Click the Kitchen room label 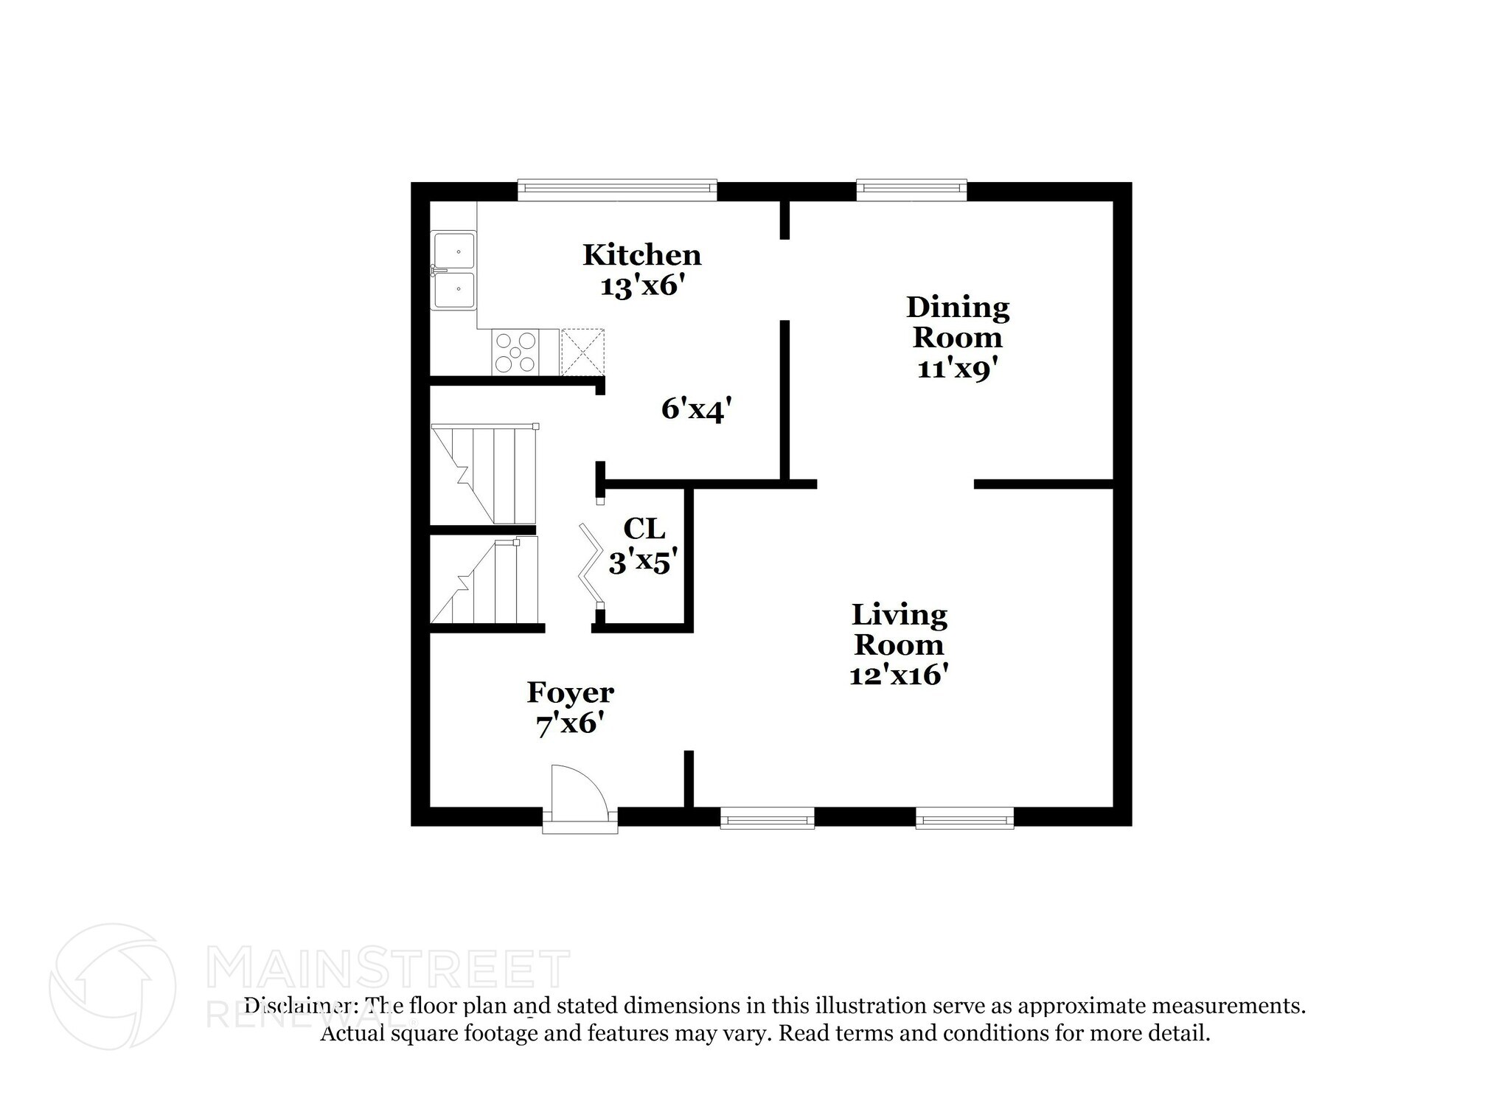point(641,255)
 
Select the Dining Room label point(957,322)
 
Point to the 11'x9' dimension point(956,368)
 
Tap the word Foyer point(570,693)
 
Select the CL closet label point(644,529)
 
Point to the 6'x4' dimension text point(696,409)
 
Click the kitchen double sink point(453,270)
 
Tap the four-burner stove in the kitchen point(515,352)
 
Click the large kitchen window point(616,190)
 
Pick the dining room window point(911,190)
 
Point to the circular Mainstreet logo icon point(113,986)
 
